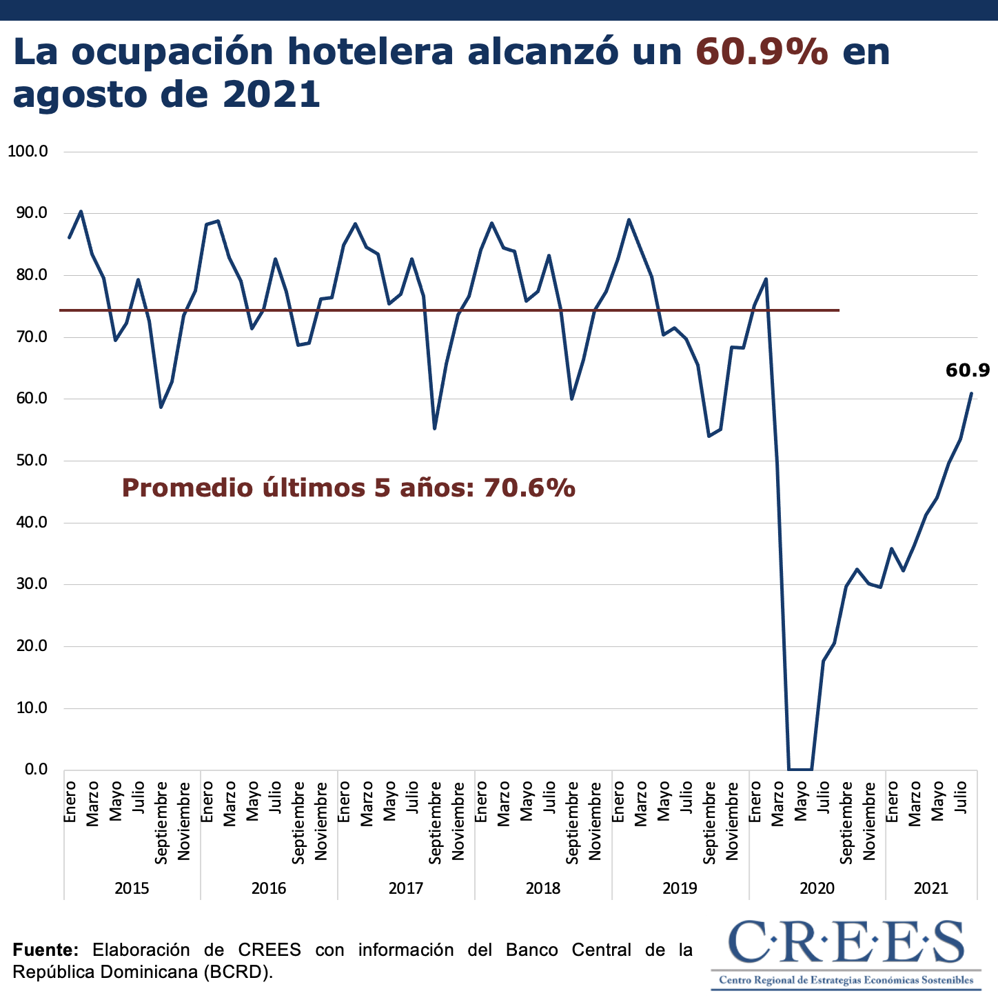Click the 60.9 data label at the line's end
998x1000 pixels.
tap(968, 371)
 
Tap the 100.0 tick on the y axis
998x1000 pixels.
tap(27, 151)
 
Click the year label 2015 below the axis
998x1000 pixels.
tap(132, 888)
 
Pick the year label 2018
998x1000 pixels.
tap(543, 888)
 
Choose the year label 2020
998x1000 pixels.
tap(817, 888)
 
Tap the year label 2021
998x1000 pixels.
tap(931, 888)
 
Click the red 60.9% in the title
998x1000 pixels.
tap(762, 52)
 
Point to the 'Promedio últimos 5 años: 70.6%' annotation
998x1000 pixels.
tap(348, 488)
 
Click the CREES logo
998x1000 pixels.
tap(846, 954)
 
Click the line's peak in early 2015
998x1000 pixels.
tap(81, 212)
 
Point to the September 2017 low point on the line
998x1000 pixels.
tap(434, 428)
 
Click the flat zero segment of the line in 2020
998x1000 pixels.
tap(800, 769)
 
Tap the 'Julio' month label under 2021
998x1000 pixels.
tap(961, 797)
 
